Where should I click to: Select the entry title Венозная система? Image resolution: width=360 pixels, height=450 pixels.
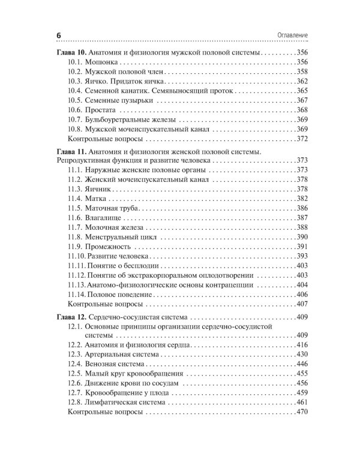coord(118,364)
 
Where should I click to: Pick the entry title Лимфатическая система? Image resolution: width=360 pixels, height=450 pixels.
coord(127,403)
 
